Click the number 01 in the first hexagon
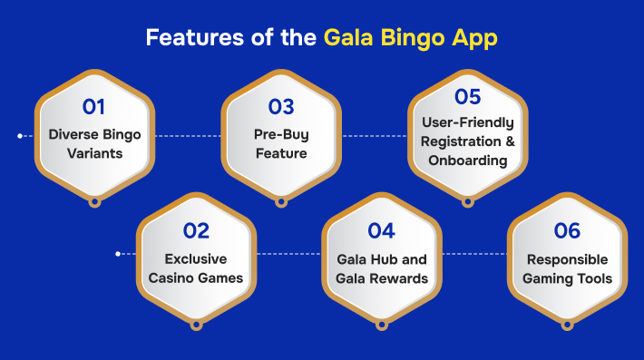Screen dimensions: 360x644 click(93, 107)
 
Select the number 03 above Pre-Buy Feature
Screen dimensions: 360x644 click(280, 107)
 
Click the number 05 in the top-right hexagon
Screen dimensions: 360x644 click(467, 96)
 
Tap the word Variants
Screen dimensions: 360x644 click(93, 154)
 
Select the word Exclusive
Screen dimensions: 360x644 click(196, 258)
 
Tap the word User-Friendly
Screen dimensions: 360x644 click(467, 122)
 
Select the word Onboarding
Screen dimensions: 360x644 click(483, 161)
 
